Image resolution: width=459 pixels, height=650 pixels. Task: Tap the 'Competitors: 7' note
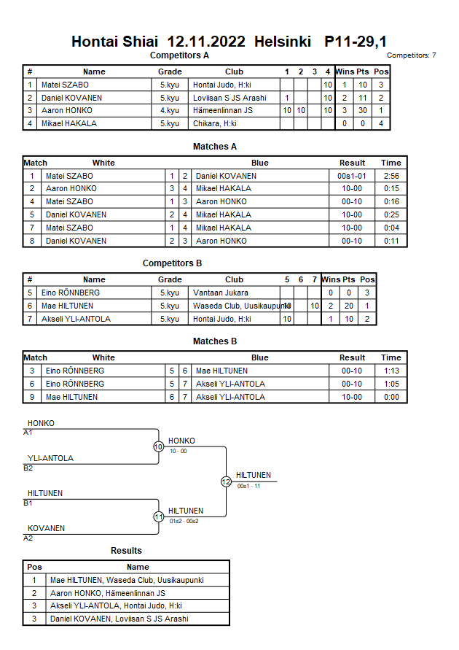(x=412, y=55)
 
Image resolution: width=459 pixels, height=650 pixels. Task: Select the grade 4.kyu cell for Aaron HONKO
(x=170, y=111)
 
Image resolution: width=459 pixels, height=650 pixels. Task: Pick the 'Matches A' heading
(x=215, y=147)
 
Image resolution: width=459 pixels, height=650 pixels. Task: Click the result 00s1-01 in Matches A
(x=352, y=176)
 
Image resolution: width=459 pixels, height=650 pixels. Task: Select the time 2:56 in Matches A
(x=391, y=176)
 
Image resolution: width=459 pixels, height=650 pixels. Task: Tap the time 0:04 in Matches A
(x=391, y=228)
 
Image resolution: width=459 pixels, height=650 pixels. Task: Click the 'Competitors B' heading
(x=173, y=263)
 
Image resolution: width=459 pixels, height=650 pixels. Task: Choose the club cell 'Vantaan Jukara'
(x=216, y=293)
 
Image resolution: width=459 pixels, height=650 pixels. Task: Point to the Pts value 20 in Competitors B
(x=349, y=306)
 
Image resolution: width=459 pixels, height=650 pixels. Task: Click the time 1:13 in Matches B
(x=391, y=371)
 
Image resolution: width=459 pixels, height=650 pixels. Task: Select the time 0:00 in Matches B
(x=391, y=397)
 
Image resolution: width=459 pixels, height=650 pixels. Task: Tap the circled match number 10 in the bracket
(x=158, y=447)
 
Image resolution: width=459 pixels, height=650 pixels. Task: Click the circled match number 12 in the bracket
(x=226, y=481)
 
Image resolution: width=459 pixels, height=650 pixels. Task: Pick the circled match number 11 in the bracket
(x=158, y=516)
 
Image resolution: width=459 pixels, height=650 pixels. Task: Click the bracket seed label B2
(x=28, y=468)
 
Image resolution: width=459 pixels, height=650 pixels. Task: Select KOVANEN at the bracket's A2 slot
(x=47, y=528)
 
